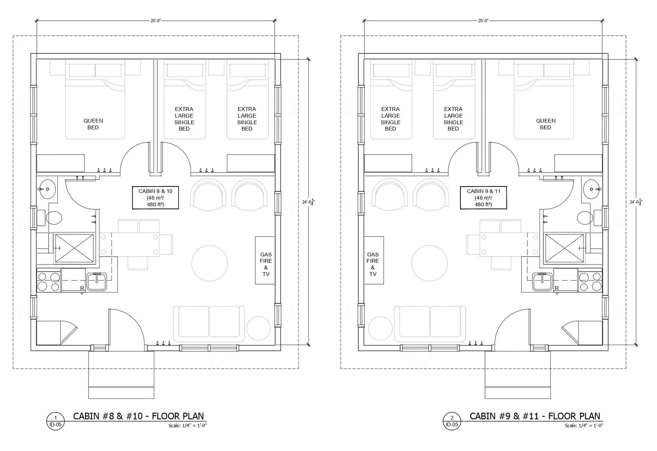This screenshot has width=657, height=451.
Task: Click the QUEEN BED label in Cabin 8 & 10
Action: [x=93, y=124]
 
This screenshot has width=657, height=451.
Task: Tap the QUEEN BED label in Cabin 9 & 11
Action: [x=546, y=124]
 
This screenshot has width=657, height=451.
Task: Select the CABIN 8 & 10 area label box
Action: [x=155, y=197]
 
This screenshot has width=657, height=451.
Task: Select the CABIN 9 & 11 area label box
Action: [x=484, y=197]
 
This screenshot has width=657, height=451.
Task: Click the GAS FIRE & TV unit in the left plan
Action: [x=265, y=261]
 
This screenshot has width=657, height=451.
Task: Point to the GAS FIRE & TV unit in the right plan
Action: [x=374, y=261]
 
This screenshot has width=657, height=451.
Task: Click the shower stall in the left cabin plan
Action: [x=74, y=248]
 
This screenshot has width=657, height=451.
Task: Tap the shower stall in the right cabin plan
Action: [x=564, y=248]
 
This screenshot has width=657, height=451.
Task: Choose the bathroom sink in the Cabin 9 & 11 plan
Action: [x=592, y=189]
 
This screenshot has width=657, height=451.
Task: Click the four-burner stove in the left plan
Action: [x=48, y=282]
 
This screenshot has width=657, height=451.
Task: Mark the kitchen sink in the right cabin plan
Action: [x=543, y=282]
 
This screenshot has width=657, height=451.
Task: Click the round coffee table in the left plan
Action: [x=209, y=263]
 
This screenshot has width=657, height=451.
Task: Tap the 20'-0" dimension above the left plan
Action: [x=155, y=21]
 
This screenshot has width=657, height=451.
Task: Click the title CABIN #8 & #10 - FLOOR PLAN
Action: [x=138, y=416]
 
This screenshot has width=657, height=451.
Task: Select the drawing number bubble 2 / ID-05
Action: [x=452, y=421]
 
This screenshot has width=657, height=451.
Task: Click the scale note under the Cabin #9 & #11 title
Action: [x=584, y=426]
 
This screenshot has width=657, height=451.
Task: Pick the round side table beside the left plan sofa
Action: [x=258, y=328]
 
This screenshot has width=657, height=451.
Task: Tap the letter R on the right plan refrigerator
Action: [x=557, y=288]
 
